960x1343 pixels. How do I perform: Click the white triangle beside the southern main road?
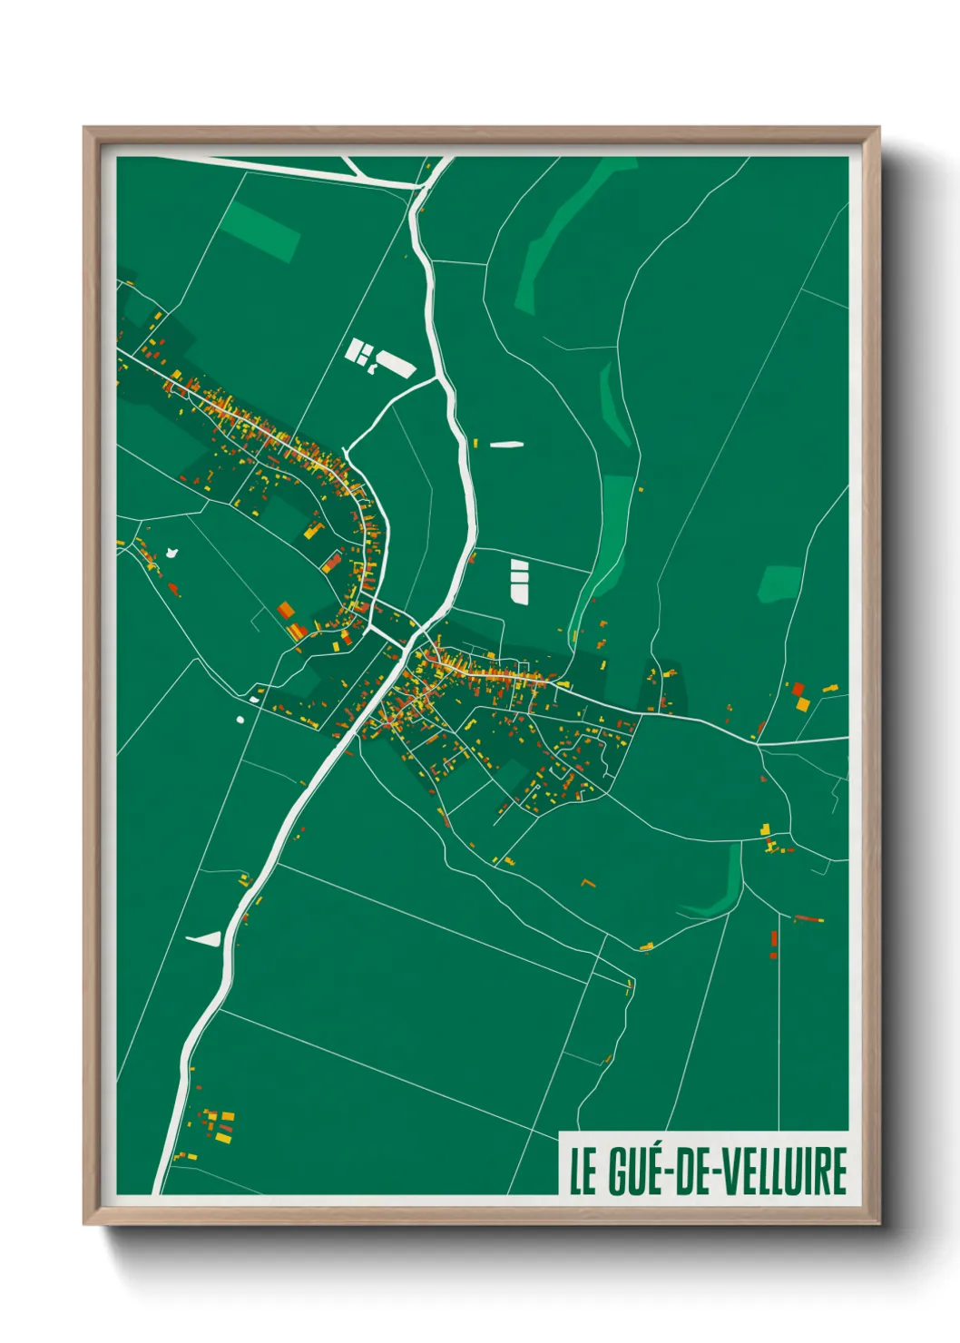pyautogui.click(x=206, y=938)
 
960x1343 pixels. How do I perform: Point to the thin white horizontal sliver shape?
pyautogui.click(x=506, y=445)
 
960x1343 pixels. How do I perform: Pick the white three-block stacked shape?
pyautogui.click(x=519, y=581)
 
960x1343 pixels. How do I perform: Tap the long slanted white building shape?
pyautogui.click(x=397, y=364)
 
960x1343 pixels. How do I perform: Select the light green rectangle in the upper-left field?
pyautogui.click(x=261, y=230)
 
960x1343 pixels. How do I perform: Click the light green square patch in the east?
pyautogui.click(x=779, y=584)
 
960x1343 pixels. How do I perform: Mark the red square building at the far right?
pyautogui.click(x=798, y=690)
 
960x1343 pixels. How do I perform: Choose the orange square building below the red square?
pyautogui.click(x=802, y=704)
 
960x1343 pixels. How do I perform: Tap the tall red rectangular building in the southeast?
pyautogui.click(x=774, y=938)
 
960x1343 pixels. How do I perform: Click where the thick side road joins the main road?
pyautogui.click(x=445, y=383)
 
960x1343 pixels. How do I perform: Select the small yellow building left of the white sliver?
pyautogui.click(x=475, y=443)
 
